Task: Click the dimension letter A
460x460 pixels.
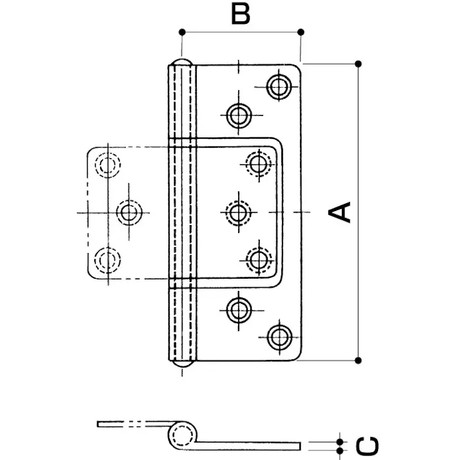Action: coord(340,212)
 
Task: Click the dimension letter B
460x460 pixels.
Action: coord(240,14)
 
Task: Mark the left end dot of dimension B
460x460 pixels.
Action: coord(183,32)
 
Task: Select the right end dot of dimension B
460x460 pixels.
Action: coord(301,32)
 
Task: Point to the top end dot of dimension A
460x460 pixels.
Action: coord(359,63)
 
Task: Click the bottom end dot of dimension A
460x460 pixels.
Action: coord(359,359)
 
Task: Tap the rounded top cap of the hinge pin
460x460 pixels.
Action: coord(181,65)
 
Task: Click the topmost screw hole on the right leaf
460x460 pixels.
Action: coord(279,87)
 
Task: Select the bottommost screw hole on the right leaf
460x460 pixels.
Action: coord(279,336)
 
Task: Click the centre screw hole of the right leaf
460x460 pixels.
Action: coord(238,212)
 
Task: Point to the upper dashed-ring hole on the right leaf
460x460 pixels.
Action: coord(259,163)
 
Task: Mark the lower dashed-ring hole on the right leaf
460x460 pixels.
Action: coord(259,259)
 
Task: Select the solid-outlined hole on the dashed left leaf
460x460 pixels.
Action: coord(130,212)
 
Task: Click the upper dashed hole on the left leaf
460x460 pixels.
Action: coord(106,165)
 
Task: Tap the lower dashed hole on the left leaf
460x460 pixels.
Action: coord(106,259)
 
